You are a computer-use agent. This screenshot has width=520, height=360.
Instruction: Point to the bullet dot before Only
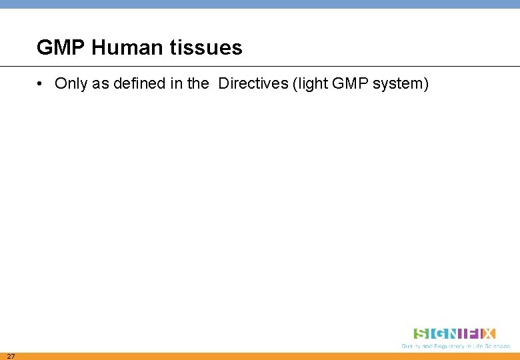click(41, 84)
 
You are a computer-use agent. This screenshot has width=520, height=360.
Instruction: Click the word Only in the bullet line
click(69, 84)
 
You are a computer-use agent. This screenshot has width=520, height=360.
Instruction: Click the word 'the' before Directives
click(197, 84)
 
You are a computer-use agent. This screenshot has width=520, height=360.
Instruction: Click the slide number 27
click(11, 356)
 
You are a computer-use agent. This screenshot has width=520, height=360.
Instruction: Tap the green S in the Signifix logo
click(421, 333)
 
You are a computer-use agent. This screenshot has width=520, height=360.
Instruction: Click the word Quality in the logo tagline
click(410, 346)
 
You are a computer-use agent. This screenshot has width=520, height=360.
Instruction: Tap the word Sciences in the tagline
click(497, 346)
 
